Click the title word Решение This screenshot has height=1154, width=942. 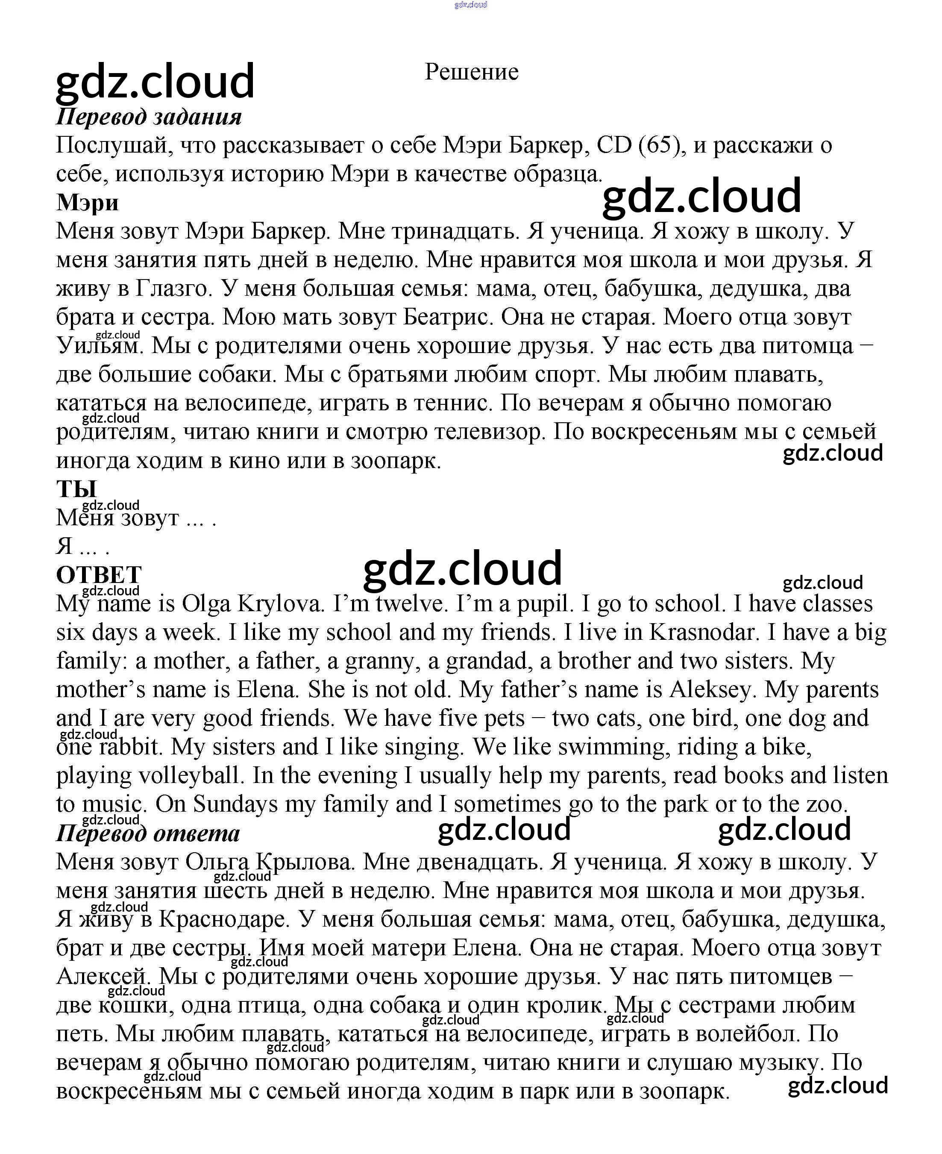tap(471, 72)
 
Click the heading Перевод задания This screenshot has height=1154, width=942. tap(149, 117)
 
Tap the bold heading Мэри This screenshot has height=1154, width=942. tap(87, 203)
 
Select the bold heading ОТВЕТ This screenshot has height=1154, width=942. tap(99, 575)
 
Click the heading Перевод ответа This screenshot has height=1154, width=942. tap(147, 833)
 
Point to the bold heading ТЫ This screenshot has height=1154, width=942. tap(76, 489)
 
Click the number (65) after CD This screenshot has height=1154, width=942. tap(659, 145)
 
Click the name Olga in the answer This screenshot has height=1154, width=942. tap(206, 603)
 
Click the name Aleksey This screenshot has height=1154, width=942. tap(711, 690)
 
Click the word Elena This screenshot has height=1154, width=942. tap(268, 690)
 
